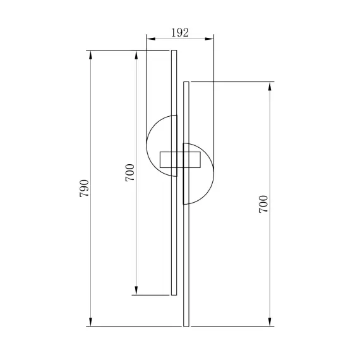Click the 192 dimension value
point(180,33)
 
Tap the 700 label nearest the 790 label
point(129,173)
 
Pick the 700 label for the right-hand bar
point(263,204)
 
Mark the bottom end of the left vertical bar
point(174,293)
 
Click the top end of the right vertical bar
point(186,83)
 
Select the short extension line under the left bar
point(152,295)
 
